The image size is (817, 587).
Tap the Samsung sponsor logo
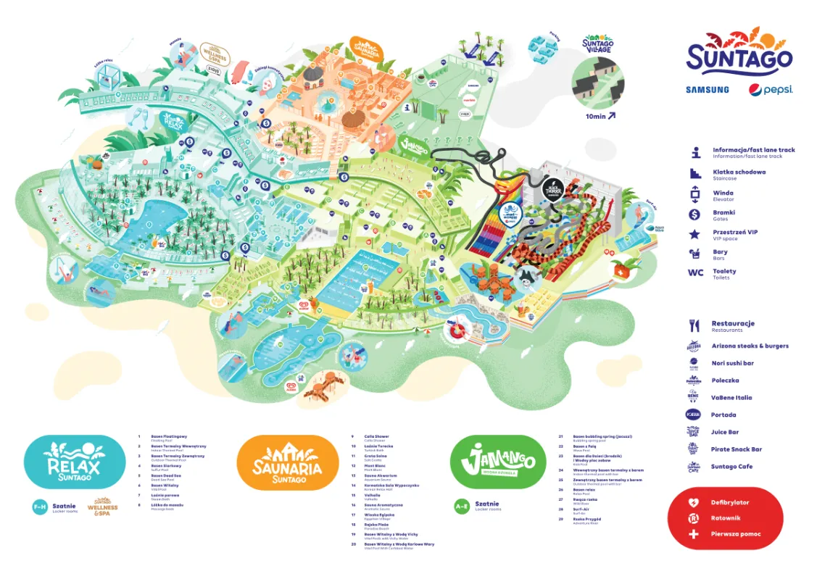pyautogui.click(x=707, y=90)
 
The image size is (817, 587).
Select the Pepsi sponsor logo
pyautogui.click(x=771, y=90)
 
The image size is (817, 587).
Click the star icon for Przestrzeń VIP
pyautogui.click(x=695, y=234)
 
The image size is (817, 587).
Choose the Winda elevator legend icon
pyautogui.click(x=695, y=194)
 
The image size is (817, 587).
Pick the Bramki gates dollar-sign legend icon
pyautogui.click(x=695, y=215)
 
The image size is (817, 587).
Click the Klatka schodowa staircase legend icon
pyautogui.click(x=695, y=174)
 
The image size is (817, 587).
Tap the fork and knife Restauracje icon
pyautogui.click(x=694, y=325)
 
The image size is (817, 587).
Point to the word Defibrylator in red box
pyautogui.click(x=729, y=502)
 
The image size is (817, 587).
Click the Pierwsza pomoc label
pyautogui.click(x=736, y=534)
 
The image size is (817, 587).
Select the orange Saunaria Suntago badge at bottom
pyautogui.click(x=288, y=462)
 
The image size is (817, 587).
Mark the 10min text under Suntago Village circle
pyautogui.click(x=597, y=115)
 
